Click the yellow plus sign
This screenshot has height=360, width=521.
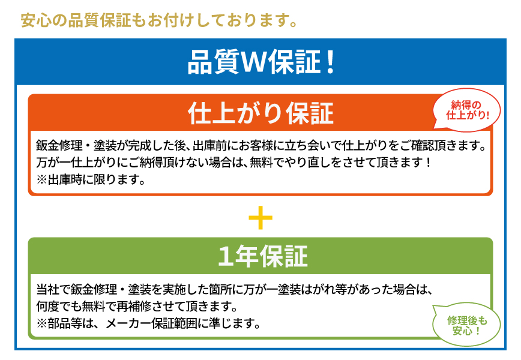click(260, 218)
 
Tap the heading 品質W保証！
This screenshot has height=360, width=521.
click(261, 62)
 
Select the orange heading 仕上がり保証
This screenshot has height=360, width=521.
click(261, 113)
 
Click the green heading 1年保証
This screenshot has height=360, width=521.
click(262, 256)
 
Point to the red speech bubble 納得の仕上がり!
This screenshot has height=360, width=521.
click(466, 110)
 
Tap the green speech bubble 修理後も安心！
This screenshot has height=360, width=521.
click(466, 325)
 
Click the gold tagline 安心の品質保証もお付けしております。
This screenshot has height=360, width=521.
click(159, 20)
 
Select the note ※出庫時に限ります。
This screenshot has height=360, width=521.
click(91, 179)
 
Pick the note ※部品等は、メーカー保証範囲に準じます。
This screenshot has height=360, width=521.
click(148, 323)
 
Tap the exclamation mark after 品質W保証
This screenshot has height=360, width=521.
click(330, 62)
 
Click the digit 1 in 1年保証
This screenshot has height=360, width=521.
click(225, 256)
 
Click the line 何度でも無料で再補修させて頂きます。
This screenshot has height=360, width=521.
click(137, 306)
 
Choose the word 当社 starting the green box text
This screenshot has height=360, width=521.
click(47, 289)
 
